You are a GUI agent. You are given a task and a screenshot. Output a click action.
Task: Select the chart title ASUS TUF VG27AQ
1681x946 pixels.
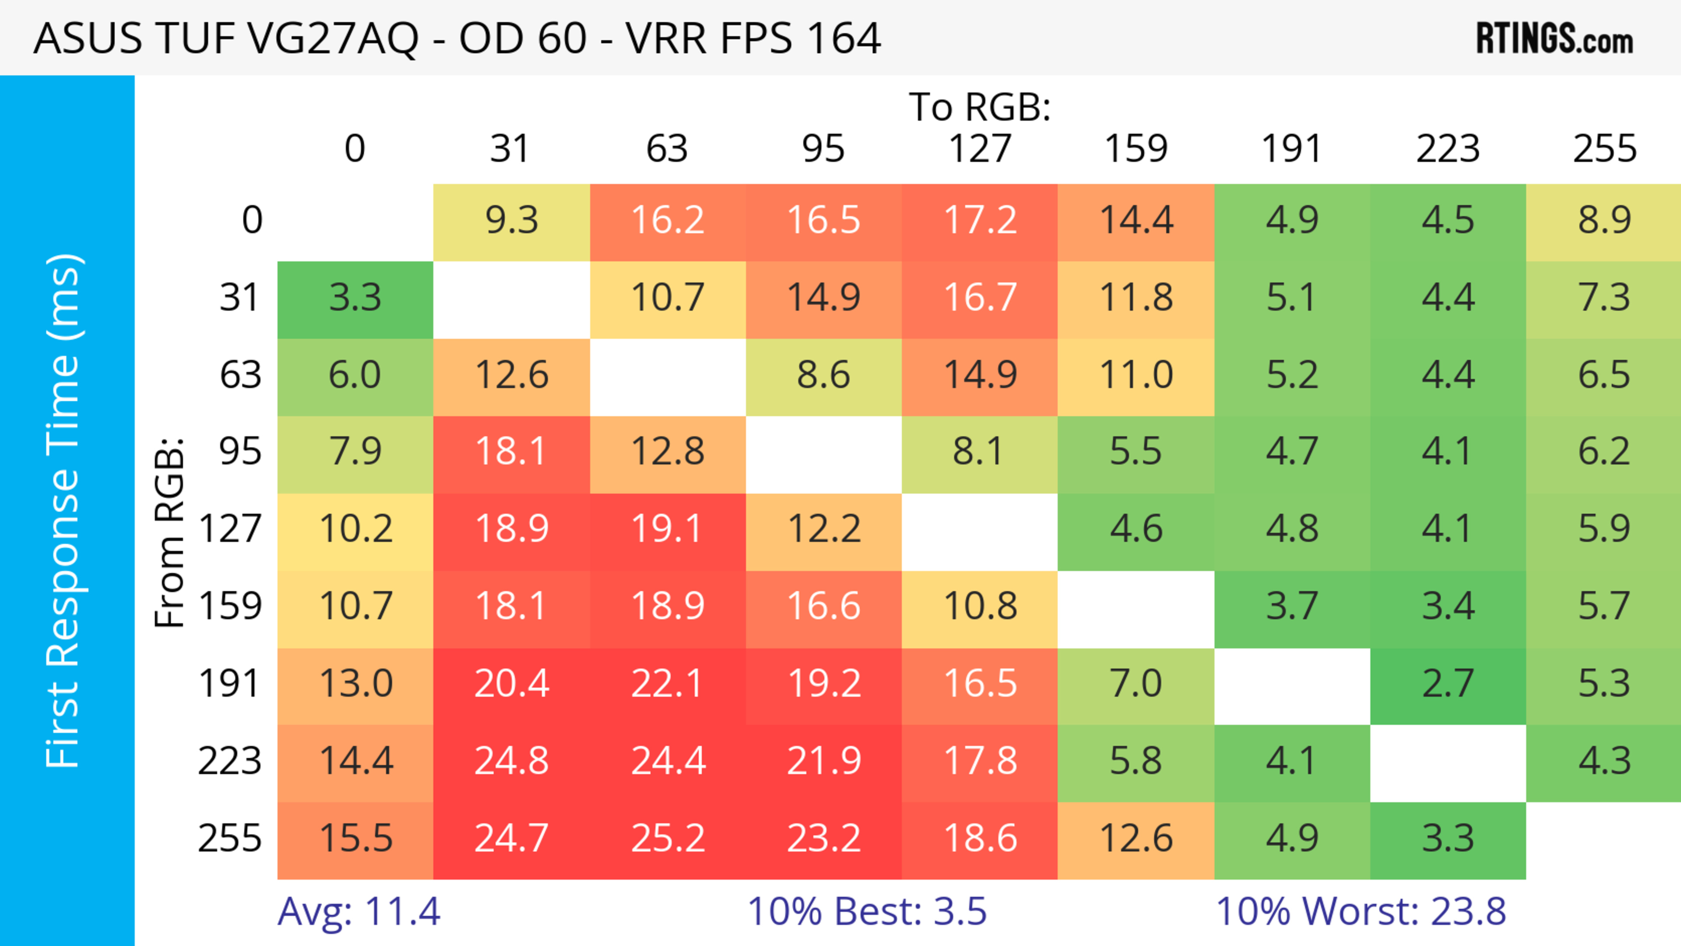coord(457,38)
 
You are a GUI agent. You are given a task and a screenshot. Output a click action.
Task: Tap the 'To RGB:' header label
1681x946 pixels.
coord(980,107)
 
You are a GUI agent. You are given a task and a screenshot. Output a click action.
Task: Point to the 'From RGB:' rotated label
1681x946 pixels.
coord(170,532)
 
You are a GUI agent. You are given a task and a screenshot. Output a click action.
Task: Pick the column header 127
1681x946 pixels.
coord(980,149)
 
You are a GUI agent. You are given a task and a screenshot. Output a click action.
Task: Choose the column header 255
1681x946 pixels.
coord(1604,149)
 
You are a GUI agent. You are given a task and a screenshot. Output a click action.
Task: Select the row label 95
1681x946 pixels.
coord(240,451)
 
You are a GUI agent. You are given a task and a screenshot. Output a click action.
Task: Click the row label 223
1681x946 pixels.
coord(230,761)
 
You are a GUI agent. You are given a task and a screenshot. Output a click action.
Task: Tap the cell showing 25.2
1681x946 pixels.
coord(668,838)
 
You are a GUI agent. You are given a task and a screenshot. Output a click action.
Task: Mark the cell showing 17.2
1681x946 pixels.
coord(980,220)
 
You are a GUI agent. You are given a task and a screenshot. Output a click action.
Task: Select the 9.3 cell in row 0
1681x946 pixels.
coord(512,220)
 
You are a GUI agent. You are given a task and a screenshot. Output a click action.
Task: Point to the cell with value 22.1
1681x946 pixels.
coord(668,684)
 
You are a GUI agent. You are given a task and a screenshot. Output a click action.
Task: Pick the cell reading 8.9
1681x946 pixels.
coord(1604,220)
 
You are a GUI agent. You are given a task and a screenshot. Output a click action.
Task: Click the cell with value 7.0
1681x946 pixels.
coord(1136,684)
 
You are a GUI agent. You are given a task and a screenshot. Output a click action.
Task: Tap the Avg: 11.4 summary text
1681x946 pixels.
coord(359,911)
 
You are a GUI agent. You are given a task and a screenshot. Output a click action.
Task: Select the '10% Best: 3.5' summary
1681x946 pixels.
coord(867,911)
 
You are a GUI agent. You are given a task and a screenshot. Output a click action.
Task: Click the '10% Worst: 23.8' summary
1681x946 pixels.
coord(1361,911)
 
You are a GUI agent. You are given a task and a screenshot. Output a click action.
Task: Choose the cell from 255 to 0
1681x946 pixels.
coord(355,838)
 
